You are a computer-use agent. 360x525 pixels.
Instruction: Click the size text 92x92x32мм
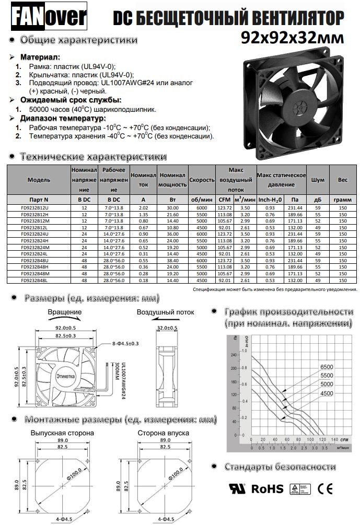[x=293, y=38]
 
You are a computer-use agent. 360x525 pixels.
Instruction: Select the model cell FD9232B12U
[x=39, y=208]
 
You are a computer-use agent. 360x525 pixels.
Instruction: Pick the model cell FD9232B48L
[x=39, y=281]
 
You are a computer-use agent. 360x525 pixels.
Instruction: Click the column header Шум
[x=318, y=179]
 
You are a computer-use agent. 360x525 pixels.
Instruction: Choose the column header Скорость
[x=202, y=179]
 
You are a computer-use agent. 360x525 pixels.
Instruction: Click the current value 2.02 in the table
[x=143, y=208]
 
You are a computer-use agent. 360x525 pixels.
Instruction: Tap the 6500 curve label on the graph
[x=327, y=367]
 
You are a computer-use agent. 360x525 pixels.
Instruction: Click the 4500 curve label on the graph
[x=327, y=393]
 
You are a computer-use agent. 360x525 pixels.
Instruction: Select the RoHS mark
[x=267, y=489]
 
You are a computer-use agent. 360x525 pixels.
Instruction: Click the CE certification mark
[x=326, y=489]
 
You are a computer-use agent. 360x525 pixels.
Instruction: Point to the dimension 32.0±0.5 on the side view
[x=167, y=328]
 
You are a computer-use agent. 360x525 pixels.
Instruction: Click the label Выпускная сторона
[x=62, y=433]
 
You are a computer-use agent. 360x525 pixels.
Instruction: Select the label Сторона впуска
[x=164, y=433]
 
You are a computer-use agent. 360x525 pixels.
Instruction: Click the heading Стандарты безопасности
[x=280, y=466]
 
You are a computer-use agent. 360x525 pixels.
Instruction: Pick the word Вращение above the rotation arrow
[x=64, y=312]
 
